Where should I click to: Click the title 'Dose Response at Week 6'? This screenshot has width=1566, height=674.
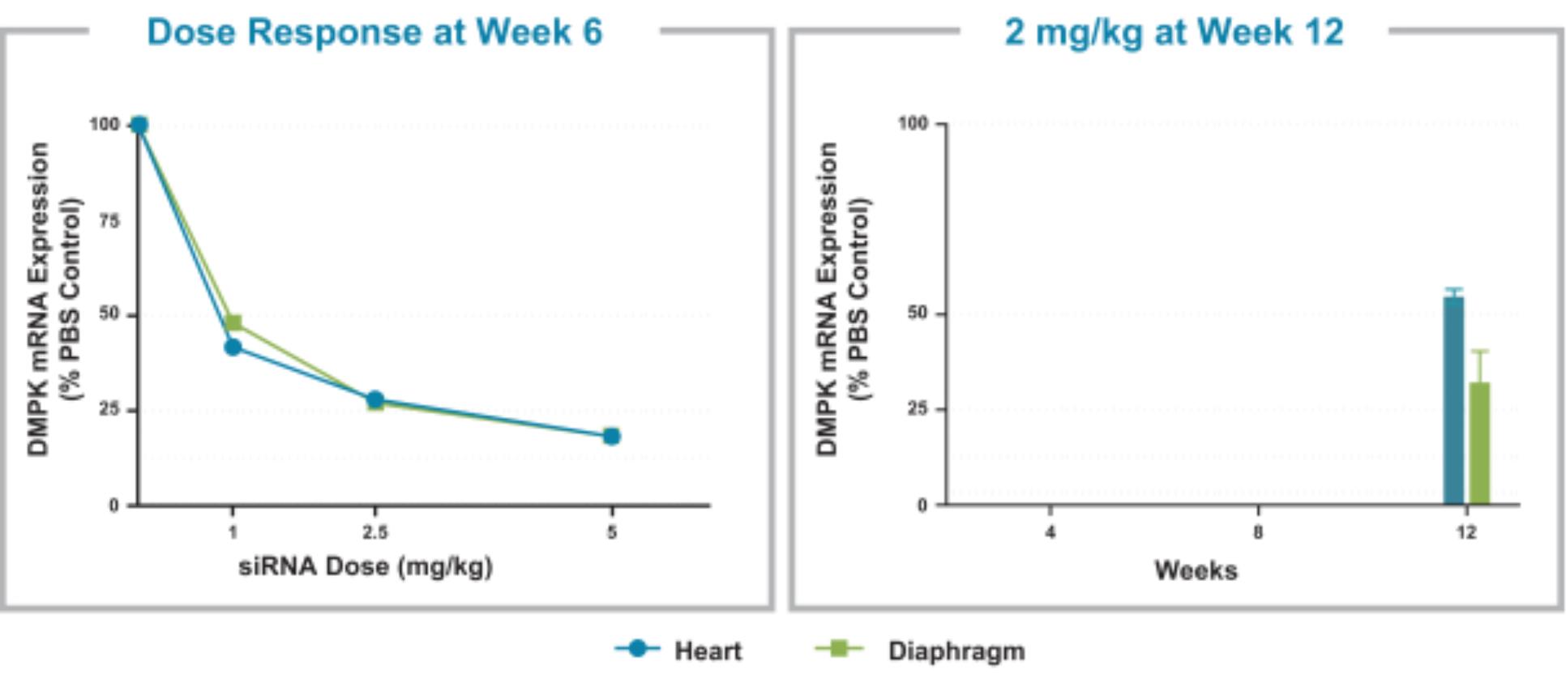click(x=374, y=32)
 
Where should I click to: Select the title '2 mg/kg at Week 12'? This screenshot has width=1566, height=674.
click(x=1174, y=32)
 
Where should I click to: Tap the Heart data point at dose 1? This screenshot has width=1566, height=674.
click(x=233, y=348)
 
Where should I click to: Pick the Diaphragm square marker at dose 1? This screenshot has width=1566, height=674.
click(x=233, y=323)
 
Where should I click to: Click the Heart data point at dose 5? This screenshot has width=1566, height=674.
click(x=611, y=436)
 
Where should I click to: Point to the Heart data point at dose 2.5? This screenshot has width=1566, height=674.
click(x=374, y=399)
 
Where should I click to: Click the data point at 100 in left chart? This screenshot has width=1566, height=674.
click(x=139, y=125)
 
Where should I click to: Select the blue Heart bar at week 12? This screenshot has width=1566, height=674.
click(x=1453, y=401)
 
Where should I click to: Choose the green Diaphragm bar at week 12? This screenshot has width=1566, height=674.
click(x=1479, y=443)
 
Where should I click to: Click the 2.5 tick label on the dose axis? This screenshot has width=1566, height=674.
click(x=374, y=532)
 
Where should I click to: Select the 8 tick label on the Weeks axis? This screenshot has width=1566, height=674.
click(x=1258, y=532)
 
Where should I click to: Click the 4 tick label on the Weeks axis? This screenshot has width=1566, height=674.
click(x=1050, y=532)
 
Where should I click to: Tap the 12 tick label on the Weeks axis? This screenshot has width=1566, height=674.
click(x=1466, y=532)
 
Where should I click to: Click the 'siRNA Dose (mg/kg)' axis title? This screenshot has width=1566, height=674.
click(x=366, y=566)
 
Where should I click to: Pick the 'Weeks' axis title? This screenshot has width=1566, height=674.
click(x=1196, y=570)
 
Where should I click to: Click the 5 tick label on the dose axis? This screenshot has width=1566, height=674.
click(x=612, y=532)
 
